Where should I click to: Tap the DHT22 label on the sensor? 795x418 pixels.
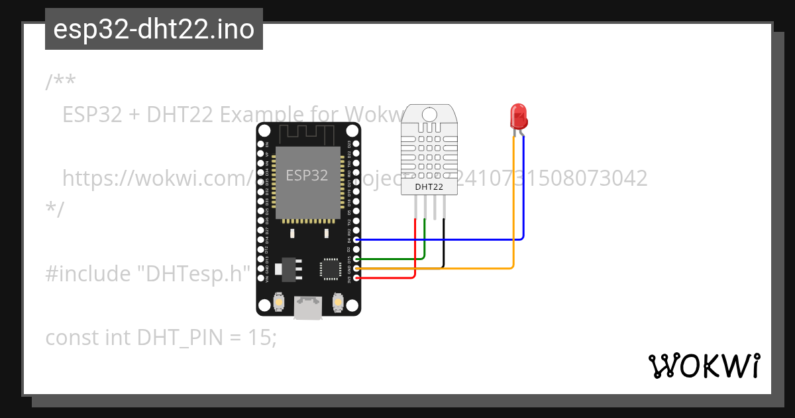(x=429, y=186)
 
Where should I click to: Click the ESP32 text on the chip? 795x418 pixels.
(x=307, y=175)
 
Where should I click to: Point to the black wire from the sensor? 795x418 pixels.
(x=443, y=242)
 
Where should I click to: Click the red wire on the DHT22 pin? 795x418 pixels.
(x=415, y=245)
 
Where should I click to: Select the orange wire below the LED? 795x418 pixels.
(x=513, y=212)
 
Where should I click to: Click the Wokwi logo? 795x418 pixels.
(x=704, y=366)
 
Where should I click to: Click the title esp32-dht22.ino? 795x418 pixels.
(x=154, y=29)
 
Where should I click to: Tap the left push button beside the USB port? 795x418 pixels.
(x=280, y=303)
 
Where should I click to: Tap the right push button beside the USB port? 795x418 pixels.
(x=337, y=303)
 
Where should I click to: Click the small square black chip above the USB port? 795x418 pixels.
(x=330, y=269)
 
